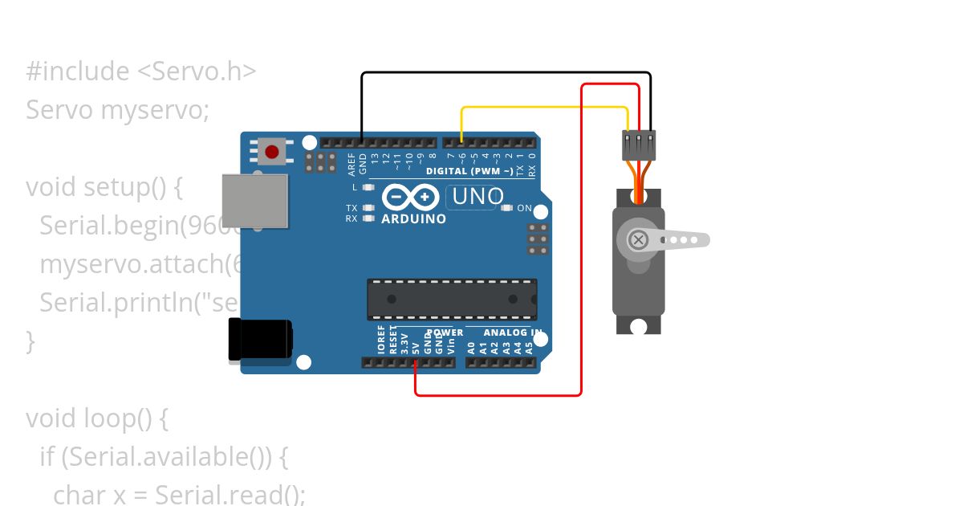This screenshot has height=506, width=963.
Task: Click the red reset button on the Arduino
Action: click(272, 151)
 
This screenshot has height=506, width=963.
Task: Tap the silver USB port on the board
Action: click(254, 200)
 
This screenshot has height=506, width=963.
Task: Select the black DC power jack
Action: click(259, 340)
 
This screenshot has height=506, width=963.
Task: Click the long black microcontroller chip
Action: click(452, 299)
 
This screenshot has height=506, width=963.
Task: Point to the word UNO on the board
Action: click(478, 196)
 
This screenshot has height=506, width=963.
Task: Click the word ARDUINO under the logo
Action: click(413, 218)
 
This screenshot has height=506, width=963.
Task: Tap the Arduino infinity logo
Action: click(410, 197)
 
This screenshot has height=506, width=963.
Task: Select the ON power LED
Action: click(506, 208)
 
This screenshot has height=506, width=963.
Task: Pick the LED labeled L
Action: click(368, 187)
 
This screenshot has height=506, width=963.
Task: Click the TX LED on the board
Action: click(368, 208)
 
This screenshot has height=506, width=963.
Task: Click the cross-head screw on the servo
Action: click(639, 239)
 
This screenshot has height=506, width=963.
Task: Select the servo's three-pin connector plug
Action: click(639, 145)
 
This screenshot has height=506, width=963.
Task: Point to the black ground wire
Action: click(506, 73)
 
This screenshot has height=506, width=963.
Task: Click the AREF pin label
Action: click(351, 165)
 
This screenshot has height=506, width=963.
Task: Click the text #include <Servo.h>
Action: click(140, 71)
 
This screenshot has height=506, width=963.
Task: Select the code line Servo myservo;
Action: click(117, 109)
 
